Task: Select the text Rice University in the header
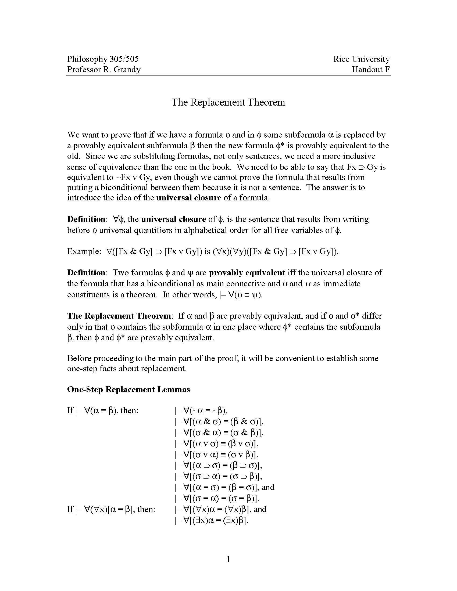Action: pos(361,59)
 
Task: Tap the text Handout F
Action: pos(370,70)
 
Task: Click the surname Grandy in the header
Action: pos(127,70)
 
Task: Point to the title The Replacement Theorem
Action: pos(228,102)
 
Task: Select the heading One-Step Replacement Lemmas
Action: pos(128,390)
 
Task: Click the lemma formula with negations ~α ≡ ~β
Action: pos(201,410)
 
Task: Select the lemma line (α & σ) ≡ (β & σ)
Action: pos(219,421)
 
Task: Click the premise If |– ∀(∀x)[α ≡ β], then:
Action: pos(111,509)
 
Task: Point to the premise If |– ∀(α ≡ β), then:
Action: pos(103,410)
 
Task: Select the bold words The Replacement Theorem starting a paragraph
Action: pos(119,316)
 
